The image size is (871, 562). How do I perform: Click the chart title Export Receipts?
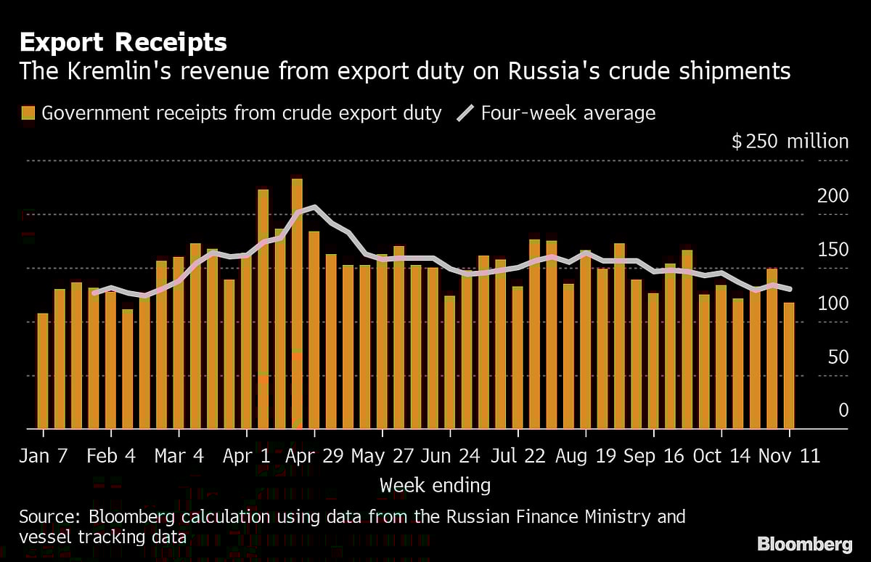pyautogui.click(x=123, y=43)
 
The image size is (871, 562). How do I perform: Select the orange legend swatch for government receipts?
pyautogui.click(x=28, y=113)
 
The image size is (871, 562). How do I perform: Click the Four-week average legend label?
pyautogui.click(x=568, y=113)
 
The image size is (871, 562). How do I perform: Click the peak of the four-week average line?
pyautogui.click(x=314, y=207)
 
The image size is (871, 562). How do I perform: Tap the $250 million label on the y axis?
pyautogui.click(x=790, y=141)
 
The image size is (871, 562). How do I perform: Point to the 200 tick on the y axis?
pyautogui.click(x=834, y=196)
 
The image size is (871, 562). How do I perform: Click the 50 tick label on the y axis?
pyautogui.click(x=838, y=357)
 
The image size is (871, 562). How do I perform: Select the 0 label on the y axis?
pyautogui.click(x=843, y=411)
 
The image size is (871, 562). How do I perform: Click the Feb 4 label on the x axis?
pyautogui.click(x=111, y=456)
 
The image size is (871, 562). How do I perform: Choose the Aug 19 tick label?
pyautogui.click(x=585, y=456)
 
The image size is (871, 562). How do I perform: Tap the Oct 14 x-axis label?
pyautogui.click(x=721, y=456)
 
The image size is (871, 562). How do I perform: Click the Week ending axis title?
pyautogui.click(x=435, y=485)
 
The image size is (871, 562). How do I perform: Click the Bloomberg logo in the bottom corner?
pyautogui.click(x=804, y=544)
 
